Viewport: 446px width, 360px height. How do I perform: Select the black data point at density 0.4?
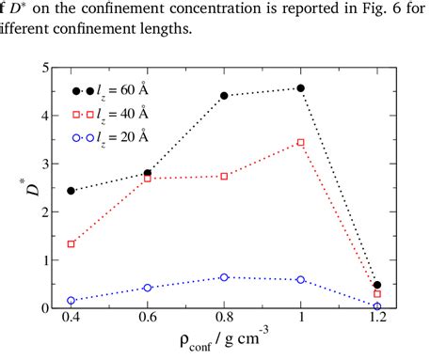tap(72, 191)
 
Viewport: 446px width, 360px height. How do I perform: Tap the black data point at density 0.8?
tap(224, 96)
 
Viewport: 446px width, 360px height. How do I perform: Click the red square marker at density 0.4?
tap(72, 243)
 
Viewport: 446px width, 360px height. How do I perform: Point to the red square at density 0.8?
tap(224, 176)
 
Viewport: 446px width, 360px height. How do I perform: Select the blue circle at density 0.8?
tap(224, 277)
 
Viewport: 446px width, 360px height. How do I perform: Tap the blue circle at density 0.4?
tap(72, 300)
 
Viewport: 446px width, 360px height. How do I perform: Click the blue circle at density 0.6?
tap(148, 288)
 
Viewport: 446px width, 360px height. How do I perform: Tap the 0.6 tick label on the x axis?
tap(148, 321)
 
